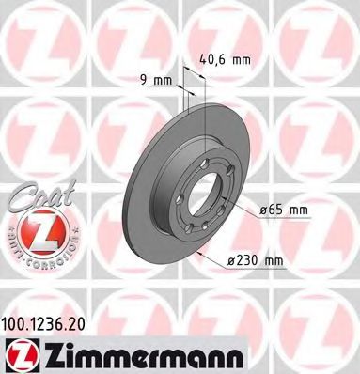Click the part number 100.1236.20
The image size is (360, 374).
point(52,324)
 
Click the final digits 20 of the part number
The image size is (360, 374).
point(88,324)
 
